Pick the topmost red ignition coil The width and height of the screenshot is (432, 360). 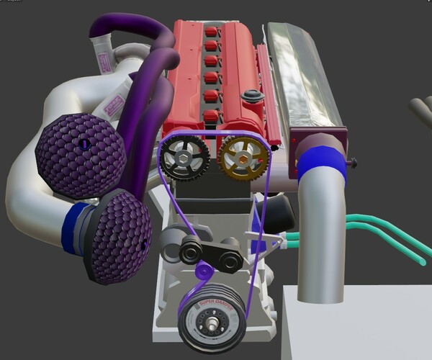[210, 31]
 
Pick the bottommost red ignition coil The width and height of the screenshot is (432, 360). [210, 117]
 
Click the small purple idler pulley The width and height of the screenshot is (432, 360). [203, 272]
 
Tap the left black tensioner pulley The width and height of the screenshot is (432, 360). [191, 252]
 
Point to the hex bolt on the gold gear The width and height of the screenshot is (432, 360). [243, 155]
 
